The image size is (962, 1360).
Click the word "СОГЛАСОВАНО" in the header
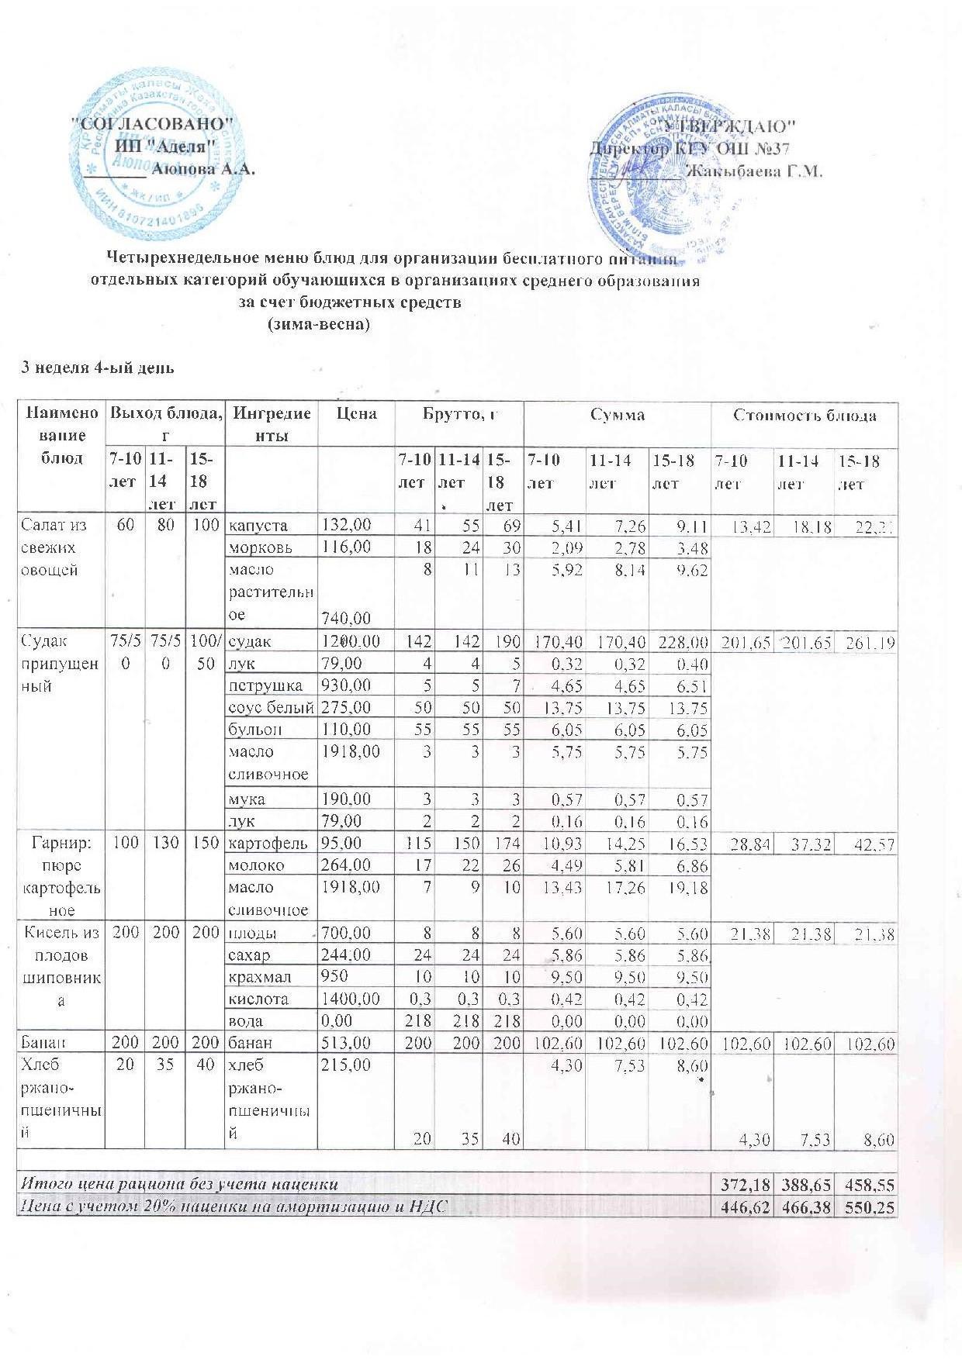pos(152,124)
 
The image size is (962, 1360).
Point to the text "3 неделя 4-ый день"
pos(96,368)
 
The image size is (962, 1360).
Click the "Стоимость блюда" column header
pos(805,416)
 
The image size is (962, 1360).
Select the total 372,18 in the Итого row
pos(742,1184)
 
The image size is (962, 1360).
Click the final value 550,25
pos(867,1206)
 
